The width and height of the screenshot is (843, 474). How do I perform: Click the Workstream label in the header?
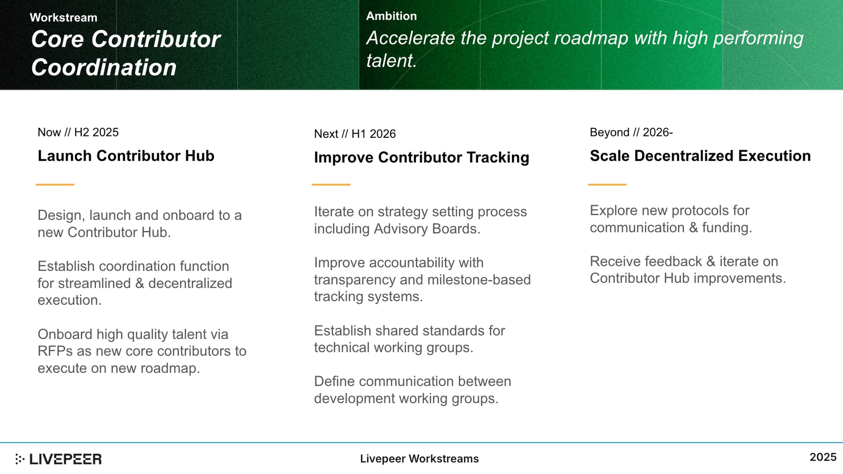(64, 18)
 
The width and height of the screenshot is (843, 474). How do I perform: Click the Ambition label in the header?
(392, 16)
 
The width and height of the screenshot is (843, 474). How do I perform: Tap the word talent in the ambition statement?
(390, 61)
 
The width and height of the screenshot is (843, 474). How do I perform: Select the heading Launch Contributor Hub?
(126, 156)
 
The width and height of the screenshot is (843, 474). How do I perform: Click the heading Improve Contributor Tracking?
(421, 158)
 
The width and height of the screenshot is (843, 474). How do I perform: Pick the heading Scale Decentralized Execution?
(700, 156)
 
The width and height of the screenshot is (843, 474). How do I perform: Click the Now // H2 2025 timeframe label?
(78, 132)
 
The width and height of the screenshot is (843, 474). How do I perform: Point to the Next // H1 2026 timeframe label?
(355, 134)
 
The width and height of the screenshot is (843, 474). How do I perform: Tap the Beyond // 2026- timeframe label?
(631, 132)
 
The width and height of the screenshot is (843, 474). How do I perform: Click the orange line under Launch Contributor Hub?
(55, 185)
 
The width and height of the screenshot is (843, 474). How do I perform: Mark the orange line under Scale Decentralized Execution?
(607, 185)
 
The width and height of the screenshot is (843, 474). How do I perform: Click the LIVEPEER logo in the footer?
(58, 459)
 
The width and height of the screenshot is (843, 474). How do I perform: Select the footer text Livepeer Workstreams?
(419, 459)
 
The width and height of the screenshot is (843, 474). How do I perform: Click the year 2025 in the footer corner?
(823, 457)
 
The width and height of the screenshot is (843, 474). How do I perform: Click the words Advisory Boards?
(427, 229)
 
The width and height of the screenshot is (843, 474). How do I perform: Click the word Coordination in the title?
(104, 68)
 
